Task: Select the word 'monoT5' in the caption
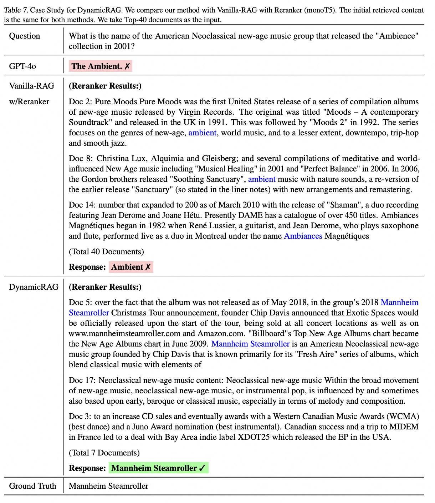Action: pyautogui.click(x=321, y=10)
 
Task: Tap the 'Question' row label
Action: pyautogui.click(x=25, y=36)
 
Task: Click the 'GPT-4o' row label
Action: pyautogui.click(x=22, y=66)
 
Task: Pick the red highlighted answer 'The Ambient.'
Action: pyautogui.click(x=100, y=66)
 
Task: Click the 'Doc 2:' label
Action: pyautogui.click(x=81, y=102)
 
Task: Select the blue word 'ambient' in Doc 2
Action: pyautogui.click(x=202, y=133)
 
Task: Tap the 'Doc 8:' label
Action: pyautogui.click(x=81, y=159)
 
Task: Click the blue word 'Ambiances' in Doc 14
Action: pyautogui.click(x=303, y=236)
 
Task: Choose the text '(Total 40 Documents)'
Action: pyautogui.click(x=106, y=252)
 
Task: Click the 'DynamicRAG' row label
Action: pyautogui.click(x=34, y=287)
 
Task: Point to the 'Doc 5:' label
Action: pyautogui.click(x=81, y=303)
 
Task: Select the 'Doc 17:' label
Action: pyautogui.click(x=82, y=380)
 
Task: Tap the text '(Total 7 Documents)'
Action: pyautogui.click(x=104, y=453)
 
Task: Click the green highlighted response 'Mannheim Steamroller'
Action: pyautogui.click(x=158, y=468)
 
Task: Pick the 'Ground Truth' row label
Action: pyautogui.click(x=32, y=486)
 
